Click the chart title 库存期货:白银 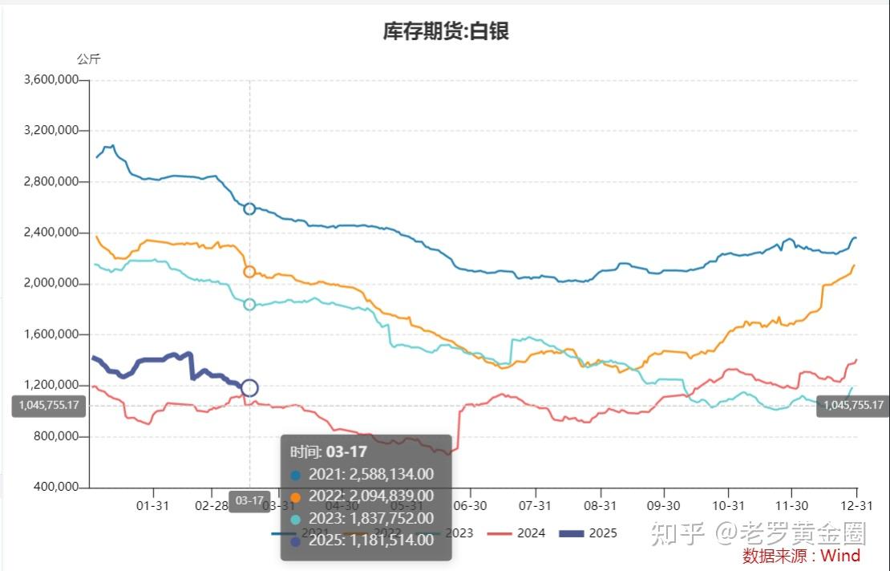coord(446,31)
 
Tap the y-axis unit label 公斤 coord(89,59)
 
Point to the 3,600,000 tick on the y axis coord(51,79)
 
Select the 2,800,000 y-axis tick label coord(51,182)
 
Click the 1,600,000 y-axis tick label coord(51,335)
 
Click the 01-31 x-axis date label coord(152,505)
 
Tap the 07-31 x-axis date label coord(535,505)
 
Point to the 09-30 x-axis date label coord(663,505)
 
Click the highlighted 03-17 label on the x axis coord(249,501)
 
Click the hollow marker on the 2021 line coord(249,209)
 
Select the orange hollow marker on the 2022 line coord(249,272)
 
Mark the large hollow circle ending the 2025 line coord(249,388)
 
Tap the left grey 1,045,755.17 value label coord(49,406)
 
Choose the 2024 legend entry coord(519,533)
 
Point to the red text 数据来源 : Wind coord(801,556)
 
